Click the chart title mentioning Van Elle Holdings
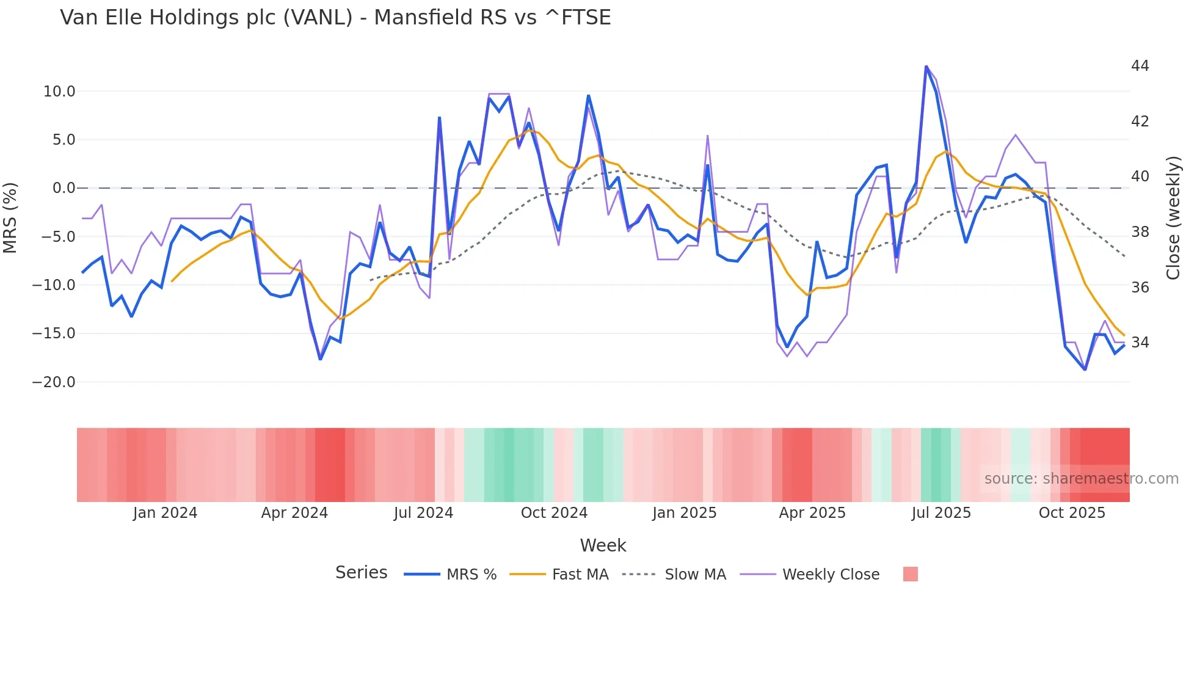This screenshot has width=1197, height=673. [x=335, y=18]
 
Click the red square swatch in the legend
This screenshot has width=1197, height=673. [x=910, y=574]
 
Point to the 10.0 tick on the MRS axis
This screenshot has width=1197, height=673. [x=59, y=92]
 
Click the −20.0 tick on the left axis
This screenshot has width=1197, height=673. [x=54, y=382]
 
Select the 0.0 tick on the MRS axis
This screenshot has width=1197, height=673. [x=64, y=188]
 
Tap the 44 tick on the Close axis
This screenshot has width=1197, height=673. [x=1140, y=66]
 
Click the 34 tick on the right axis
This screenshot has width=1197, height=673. [x=1140, y=343]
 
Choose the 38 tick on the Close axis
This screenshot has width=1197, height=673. [x=1140, y=232]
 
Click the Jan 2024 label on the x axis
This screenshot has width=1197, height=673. [x=165, y=513]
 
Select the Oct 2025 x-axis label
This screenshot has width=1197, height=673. [x=1072, y=513]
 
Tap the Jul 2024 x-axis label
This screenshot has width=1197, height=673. [x=423, y=513]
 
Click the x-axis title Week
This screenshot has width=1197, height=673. [x=603, y=545]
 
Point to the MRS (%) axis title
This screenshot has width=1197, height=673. [x=10, y=218]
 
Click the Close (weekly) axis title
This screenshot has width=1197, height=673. [x=1173, y=218]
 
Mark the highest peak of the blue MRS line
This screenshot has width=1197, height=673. [x=926, y=67]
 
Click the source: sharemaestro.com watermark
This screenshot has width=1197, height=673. [x=1081, y=479]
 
